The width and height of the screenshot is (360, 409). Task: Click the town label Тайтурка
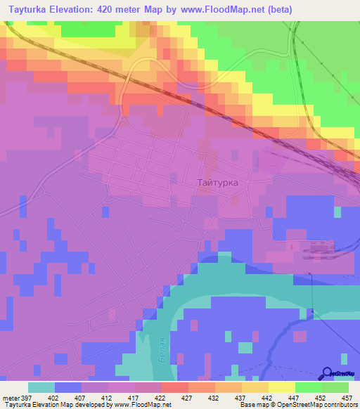click(217, 182)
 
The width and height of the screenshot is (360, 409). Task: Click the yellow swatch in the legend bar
click(281, 387)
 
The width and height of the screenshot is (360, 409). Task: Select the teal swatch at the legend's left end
click(41, 387)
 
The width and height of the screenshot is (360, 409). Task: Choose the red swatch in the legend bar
click(174, 387)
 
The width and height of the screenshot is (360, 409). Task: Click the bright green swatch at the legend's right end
click(335, 387)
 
